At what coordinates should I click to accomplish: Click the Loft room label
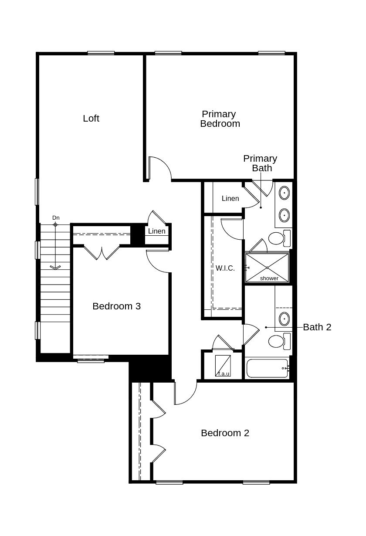(x=91, y=119)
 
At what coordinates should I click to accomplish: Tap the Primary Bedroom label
(x=220, y=119)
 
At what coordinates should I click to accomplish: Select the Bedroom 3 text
(x=116, y=306)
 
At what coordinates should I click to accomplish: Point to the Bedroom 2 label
(x=225, y=433)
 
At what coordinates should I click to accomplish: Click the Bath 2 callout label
(x=317, y=327)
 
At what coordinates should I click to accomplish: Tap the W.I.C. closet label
(x=225, y=268)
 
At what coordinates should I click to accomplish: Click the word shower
(x=269, y=278)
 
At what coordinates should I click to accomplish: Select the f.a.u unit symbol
(x=223, y=366)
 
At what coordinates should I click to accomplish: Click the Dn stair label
(x=56, y=218)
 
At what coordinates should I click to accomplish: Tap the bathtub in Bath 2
(x=267, y=368)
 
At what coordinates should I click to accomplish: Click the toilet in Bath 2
(x=279, y=341)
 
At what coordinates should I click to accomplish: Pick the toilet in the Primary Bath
(x=279, y=238)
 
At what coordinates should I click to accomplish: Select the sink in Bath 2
(x=284, y=319)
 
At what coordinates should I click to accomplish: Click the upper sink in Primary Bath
(x=284, y=193)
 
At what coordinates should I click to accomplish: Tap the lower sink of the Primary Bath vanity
(x=284, y=215)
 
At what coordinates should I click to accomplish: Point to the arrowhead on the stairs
(x=55, y=268)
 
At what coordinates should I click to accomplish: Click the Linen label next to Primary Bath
(x=230, y=198)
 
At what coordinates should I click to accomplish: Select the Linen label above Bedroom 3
(x=157, y=231)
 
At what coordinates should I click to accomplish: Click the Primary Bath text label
(x=260, y=163)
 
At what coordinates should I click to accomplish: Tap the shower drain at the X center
(x=267, y=268)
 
